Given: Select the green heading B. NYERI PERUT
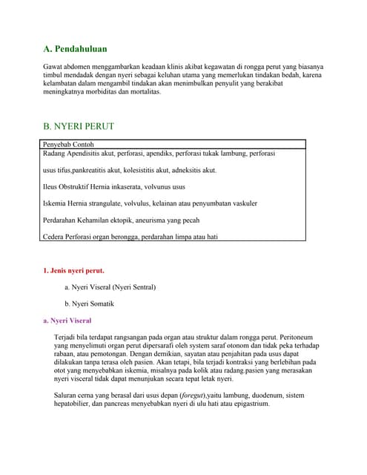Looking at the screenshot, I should point(79,126).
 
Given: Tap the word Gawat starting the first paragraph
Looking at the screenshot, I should point(54,67).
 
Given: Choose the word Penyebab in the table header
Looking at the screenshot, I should point(58,145).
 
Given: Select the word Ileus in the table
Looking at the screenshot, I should point(52,186).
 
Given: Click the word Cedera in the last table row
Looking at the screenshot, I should point(55,237).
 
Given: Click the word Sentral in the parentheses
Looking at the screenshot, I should point(140,287).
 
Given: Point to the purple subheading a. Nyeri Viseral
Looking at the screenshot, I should point(67,321).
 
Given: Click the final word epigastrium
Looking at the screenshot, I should point(250,404).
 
